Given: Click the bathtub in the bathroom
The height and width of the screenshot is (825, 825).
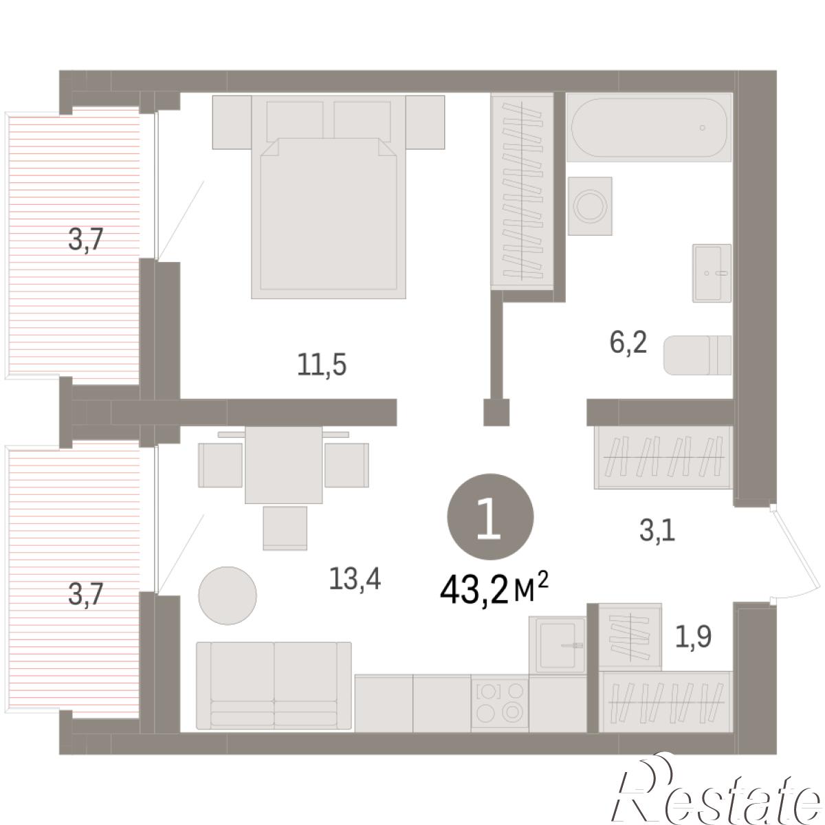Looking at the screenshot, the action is pos(648,128).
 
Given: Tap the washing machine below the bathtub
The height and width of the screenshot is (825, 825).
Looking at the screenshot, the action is pos(590,206).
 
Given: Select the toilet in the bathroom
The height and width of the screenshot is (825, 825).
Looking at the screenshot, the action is pos(697,355).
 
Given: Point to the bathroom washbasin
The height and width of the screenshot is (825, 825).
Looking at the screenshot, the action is pos(712,273).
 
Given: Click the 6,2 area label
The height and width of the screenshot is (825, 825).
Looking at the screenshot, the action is pos(628,342).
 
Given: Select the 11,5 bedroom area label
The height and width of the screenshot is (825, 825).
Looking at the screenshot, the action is pos(322,365).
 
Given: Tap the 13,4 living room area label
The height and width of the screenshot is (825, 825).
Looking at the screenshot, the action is pos(355,579).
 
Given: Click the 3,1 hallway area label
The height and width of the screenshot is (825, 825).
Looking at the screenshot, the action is pos(657,531).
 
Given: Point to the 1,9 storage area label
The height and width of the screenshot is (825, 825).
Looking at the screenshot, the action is pos(693,636).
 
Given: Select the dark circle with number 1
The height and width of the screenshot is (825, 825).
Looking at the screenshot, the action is pos(490,517).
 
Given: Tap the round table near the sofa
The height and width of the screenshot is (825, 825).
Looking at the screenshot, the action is pos(228,595).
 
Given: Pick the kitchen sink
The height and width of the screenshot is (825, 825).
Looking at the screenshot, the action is pos(558,645).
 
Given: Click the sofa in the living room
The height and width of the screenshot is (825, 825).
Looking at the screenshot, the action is pos(274,685).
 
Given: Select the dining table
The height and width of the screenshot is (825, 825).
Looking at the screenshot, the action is pos(283,465).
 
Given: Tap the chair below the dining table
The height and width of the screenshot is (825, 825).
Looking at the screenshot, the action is pos(285,528).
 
